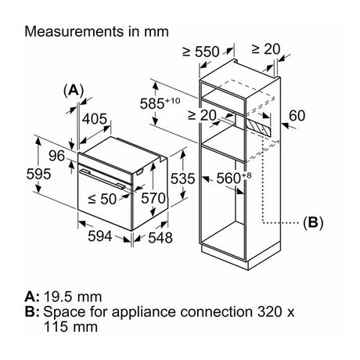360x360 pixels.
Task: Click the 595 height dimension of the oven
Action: coord(38,174)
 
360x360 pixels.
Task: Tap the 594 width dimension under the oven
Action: coord(100,236)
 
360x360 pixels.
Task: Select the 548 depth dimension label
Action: coord(160,238)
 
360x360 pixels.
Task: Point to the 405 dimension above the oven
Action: coord(95,119)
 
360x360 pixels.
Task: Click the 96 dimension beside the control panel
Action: coord(56,156)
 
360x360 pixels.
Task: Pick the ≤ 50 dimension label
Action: coord(102,199)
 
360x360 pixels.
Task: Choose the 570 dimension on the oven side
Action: coord(153,198)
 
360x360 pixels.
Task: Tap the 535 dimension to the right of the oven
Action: coord(182,178)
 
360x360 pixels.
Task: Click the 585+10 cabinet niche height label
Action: coord(160,103)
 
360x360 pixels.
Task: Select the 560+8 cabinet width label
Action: coord(234,178)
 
